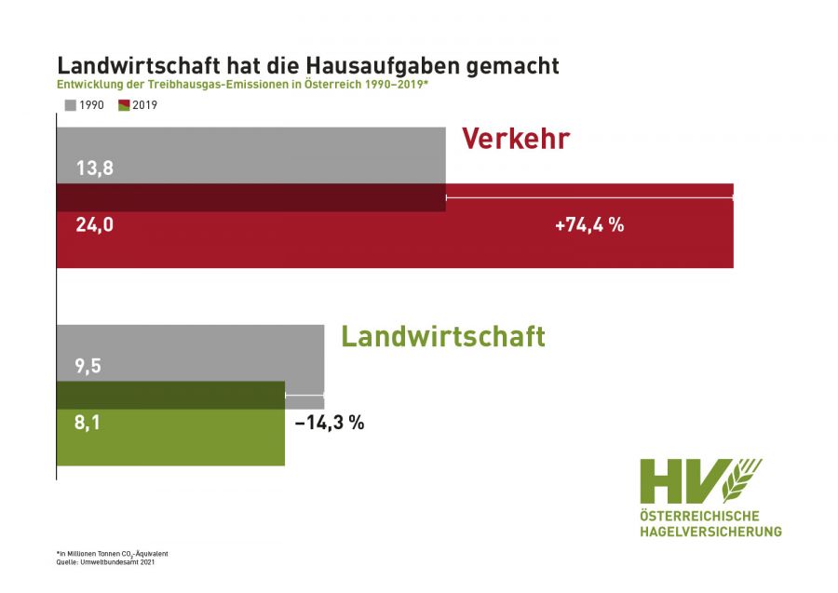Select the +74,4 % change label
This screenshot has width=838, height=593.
tap(588, 224)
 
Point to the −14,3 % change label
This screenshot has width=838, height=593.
tap(329, 422)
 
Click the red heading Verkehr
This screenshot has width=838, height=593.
tap(515, 139)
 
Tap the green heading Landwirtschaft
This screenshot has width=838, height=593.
tap(442, 335)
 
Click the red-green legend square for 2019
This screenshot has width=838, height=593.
tap(125, 105)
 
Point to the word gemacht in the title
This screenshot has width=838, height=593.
tap(512, 66)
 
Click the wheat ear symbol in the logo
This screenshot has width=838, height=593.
tap(742, 480)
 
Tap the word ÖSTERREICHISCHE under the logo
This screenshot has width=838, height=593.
tap(699, 516)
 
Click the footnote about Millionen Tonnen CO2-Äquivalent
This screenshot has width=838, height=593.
tap(113, 553)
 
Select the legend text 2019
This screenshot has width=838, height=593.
tap(145, 105)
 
